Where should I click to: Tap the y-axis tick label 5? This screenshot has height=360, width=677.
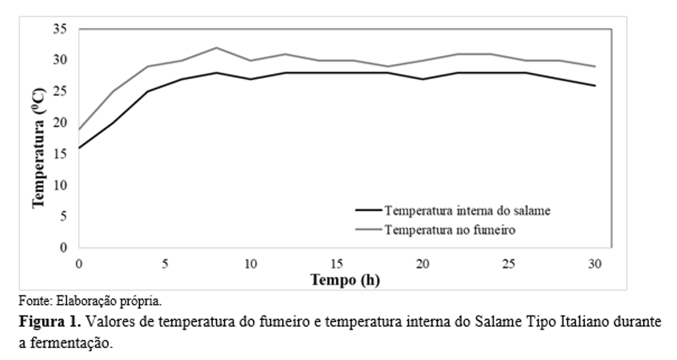click(63, 216)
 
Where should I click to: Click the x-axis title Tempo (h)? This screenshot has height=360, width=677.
click(345, 279)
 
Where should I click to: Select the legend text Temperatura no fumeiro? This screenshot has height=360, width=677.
click(450, 230)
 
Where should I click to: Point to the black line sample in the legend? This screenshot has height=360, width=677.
click(367, 210)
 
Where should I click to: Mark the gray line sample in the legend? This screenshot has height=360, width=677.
click(367, 230)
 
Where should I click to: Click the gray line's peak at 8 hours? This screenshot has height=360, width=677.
click(216, 48)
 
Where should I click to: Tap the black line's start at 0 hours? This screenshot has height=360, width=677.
click(80, 148)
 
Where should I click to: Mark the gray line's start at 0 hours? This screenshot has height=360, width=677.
click(80, 129)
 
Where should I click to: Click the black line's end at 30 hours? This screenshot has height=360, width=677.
click(594, 86)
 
